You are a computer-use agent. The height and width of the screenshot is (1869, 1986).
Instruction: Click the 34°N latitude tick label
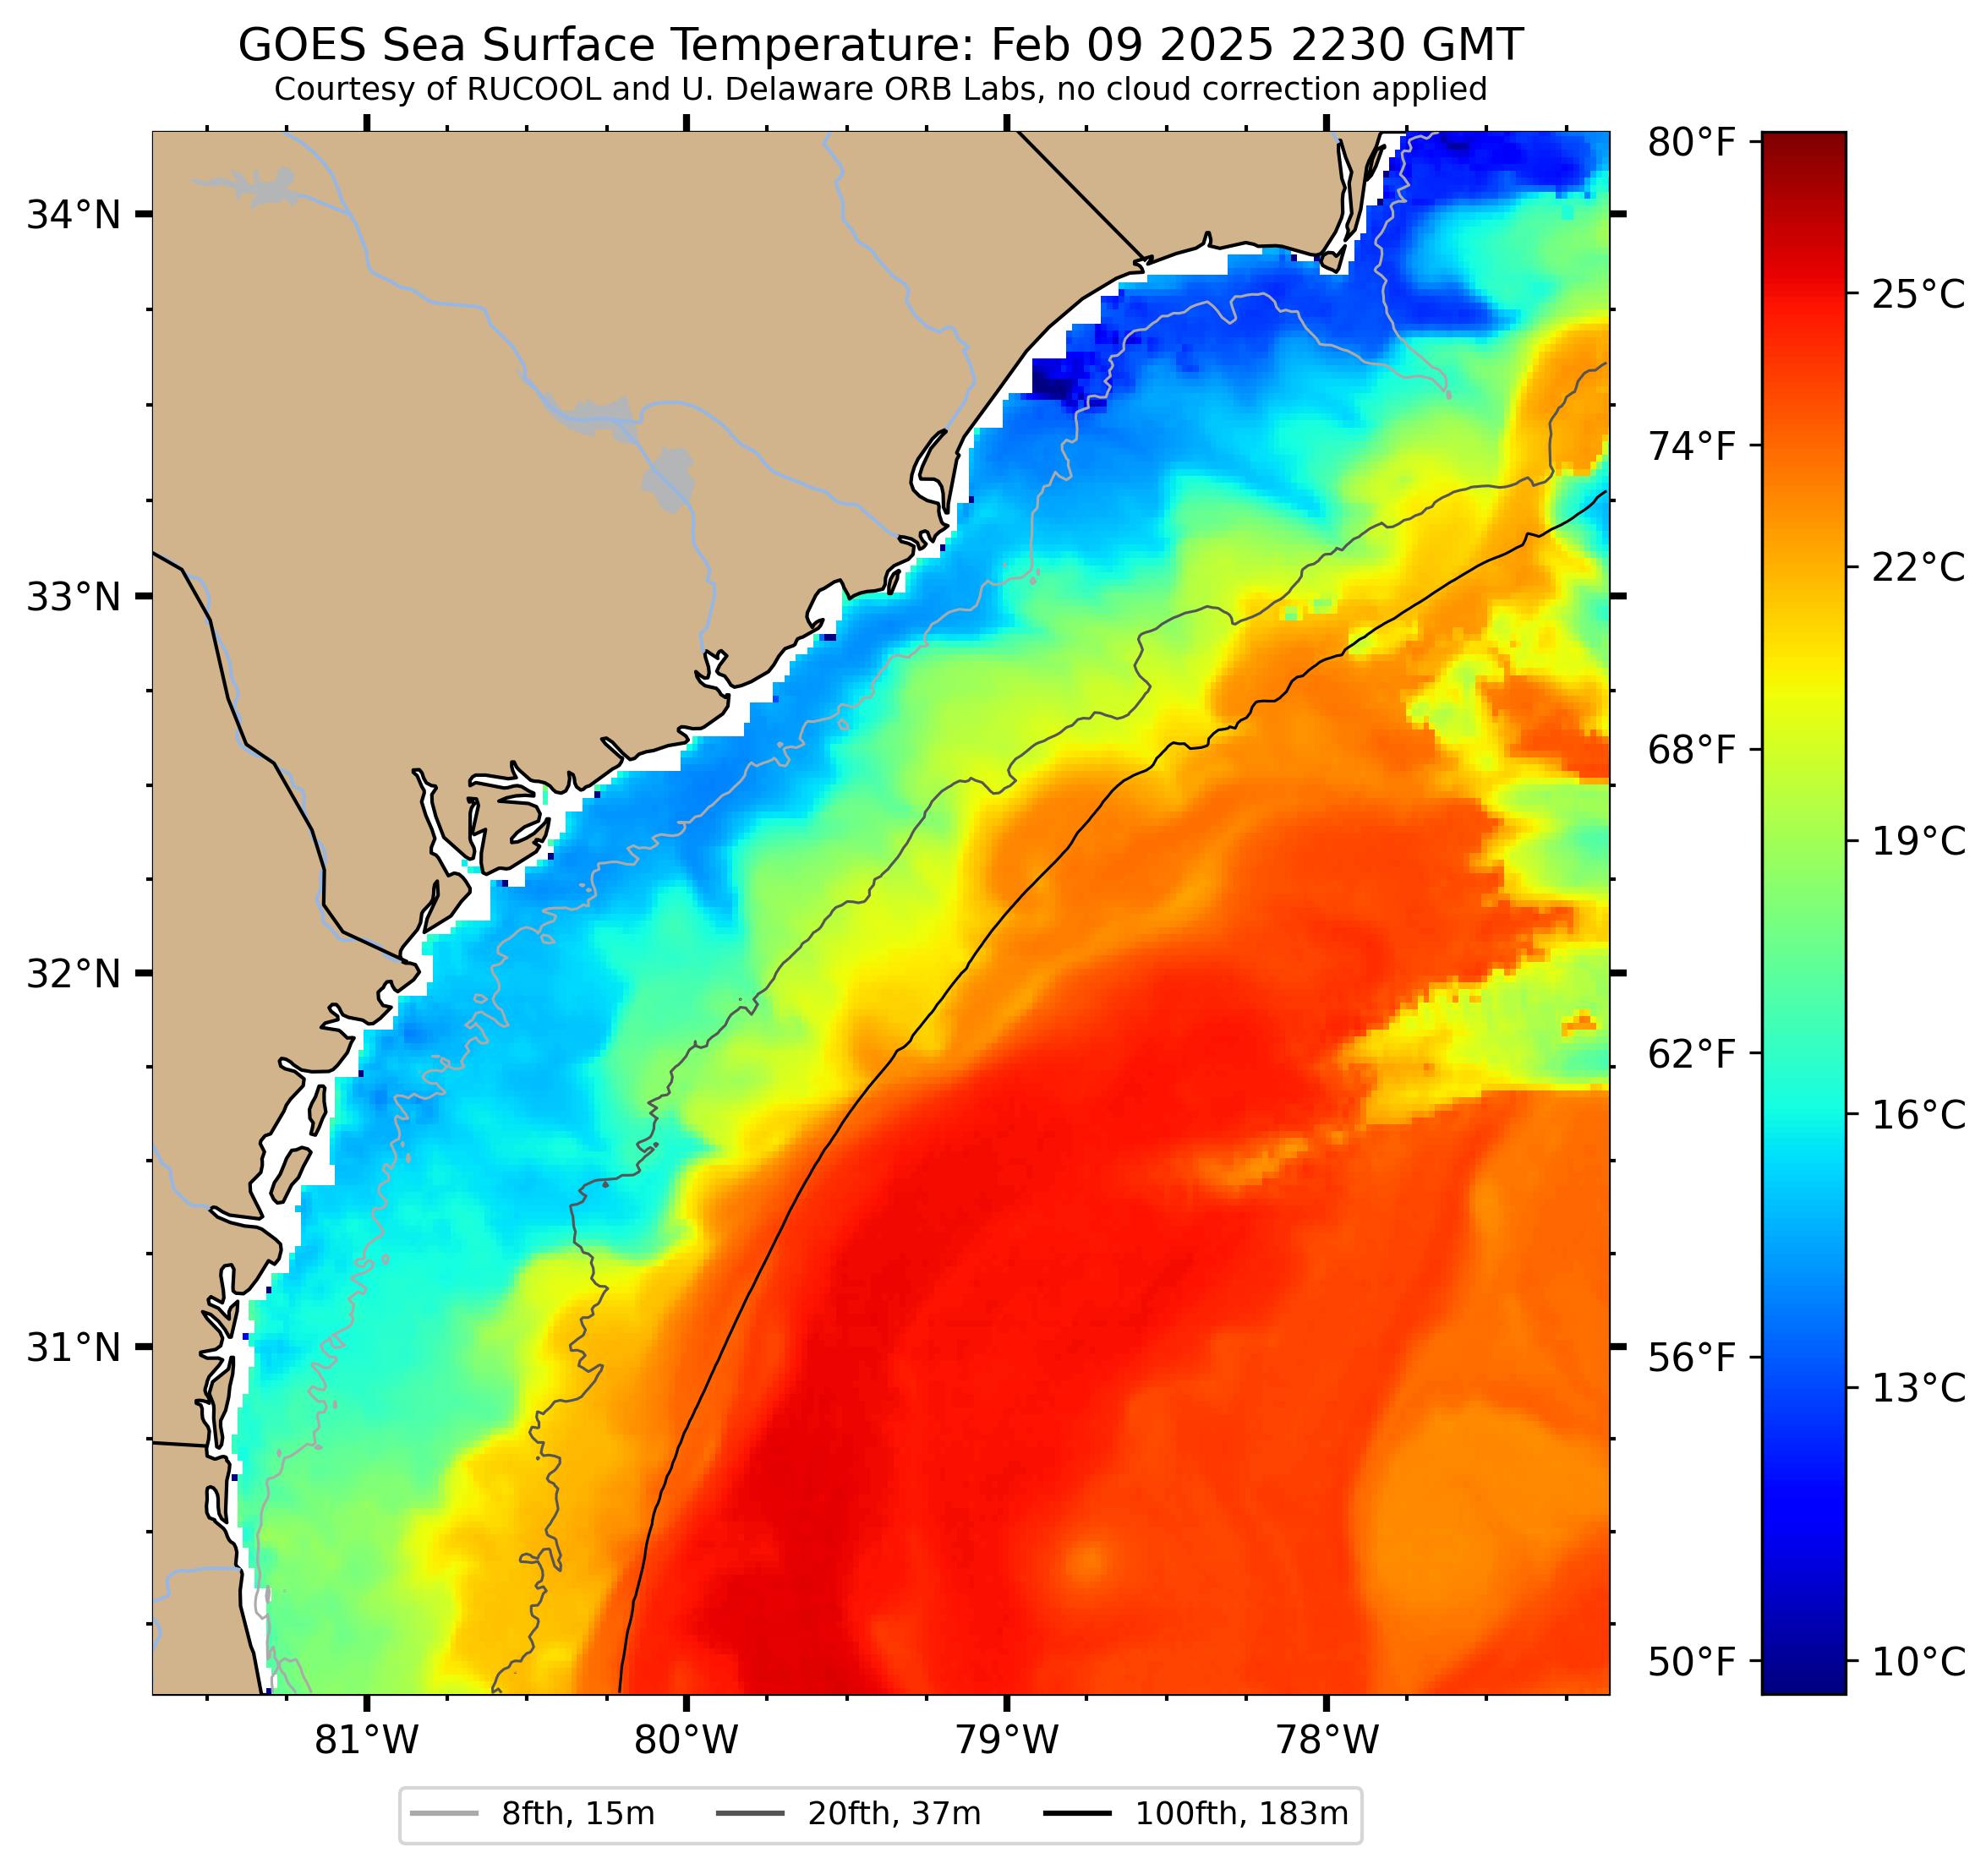73,215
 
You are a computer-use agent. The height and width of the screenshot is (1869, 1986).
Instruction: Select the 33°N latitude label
73,598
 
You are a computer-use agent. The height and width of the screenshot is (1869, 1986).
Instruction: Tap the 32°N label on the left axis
73,973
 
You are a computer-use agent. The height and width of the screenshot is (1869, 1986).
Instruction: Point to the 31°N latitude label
73,1348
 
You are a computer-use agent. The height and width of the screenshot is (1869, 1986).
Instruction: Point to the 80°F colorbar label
1691,143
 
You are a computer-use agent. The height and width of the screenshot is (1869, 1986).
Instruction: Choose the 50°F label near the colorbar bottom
1691,1664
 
